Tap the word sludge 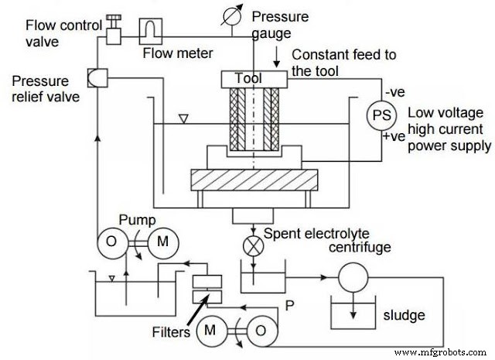(402, 315)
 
